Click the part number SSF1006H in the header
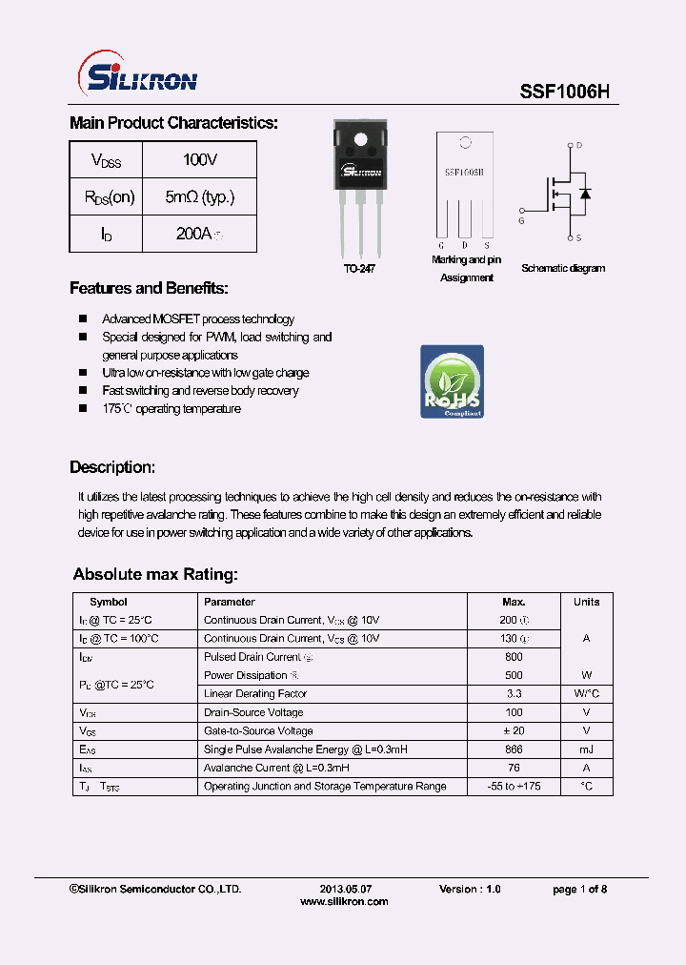[x=564, y=92]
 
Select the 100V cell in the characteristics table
[x=199, y=160]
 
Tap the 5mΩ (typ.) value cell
[x=199, y=197]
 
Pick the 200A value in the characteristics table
[x=199, y=234]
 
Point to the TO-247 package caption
[x=360, y=270]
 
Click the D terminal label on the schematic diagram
[x=578, y=146]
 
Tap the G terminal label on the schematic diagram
[x=521, y=221]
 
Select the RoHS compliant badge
[x=452, y=381]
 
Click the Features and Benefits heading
[x=149, y=289]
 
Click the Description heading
[x=112, y=468]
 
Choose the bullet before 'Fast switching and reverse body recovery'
[x=83, y=391]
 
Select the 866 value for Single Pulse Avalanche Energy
[x=514, y=749]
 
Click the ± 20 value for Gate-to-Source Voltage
[x=514, y=731]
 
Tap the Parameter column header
[x=230, y=602]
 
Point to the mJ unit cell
[x=586, y=749]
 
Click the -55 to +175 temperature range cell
[x=514, y=787]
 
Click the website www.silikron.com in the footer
[x=344, y=902]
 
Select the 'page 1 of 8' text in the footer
[x=579, y=890]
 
